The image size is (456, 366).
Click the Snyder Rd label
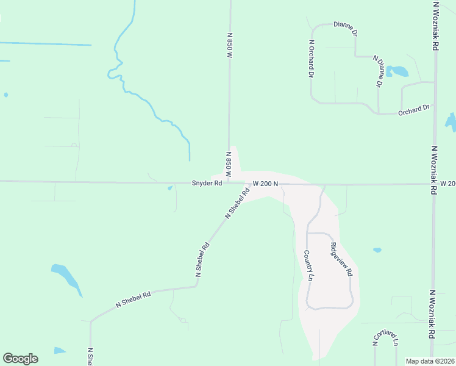[x=206, y=183]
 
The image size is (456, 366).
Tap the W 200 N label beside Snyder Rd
[x=265, y=184]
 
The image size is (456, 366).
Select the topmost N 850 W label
[x=230, y=46]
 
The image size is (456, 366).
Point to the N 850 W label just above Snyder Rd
[x=229, y=164]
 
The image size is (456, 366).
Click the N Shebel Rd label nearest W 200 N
[x=238, y=203]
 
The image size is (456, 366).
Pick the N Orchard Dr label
[x=311, y=59]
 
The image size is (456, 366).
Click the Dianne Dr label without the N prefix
[x=344, y=25]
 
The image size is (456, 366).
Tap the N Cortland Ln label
[x=385, y=339]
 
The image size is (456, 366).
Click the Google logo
[x=20, y=359]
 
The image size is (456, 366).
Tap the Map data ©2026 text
[x=430, y=361]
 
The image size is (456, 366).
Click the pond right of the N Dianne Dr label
[x=399, y=71]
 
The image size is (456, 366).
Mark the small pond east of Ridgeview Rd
[x=377, y=250]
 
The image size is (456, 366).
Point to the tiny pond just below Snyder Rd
[x=169, y=188]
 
